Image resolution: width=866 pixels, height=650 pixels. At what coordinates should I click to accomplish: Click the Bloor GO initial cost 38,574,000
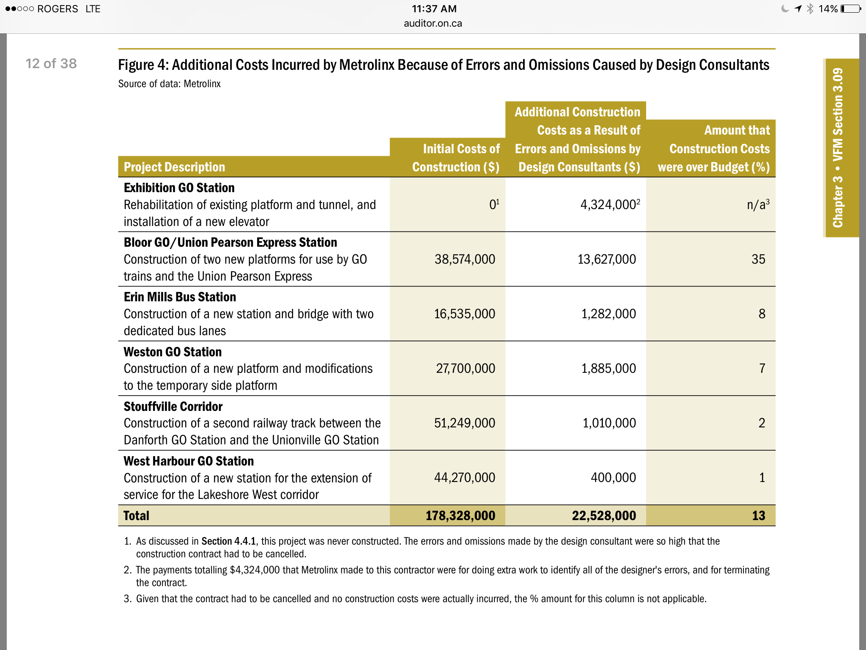[x=464, y=259]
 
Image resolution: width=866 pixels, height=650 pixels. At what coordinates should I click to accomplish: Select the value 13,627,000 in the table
[x=606, y=259]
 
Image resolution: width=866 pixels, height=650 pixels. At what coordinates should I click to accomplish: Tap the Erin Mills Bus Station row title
[x=180, y=297]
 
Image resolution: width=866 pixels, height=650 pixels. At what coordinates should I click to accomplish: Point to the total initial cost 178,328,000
[x=460, y=515]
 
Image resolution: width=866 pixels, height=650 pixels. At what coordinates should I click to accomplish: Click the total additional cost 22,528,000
[x=603, y=515]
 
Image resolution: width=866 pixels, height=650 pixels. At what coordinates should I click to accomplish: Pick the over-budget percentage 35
[x=758, y=259]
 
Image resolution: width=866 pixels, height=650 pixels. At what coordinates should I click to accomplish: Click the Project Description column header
[x=174, y=167]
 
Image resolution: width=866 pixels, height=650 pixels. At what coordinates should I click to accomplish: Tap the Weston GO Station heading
[x=173, y=352]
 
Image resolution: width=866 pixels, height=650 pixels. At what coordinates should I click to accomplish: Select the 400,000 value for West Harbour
[x=613, y=477]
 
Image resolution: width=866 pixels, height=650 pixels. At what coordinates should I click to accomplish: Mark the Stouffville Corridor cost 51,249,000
[x=464, y=423]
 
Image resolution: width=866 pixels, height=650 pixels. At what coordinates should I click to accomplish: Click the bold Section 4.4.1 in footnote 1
[x=228, y=541]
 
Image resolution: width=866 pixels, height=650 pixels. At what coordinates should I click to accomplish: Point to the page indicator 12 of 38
[x=51, y=63]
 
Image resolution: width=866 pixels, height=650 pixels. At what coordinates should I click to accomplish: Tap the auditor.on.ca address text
[x=433, y=23]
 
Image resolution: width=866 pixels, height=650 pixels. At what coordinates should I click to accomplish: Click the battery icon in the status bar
[x=850, y=9]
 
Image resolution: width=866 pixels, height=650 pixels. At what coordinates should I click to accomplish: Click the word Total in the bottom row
[x=136, y=515]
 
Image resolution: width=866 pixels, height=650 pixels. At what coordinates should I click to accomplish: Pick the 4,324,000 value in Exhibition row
[x=607, y=205]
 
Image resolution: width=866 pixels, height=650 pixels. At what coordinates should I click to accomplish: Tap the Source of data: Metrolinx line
[x=169, y=84]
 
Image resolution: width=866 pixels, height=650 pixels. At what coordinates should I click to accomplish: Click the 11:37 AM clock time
[x=434, y=9]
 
